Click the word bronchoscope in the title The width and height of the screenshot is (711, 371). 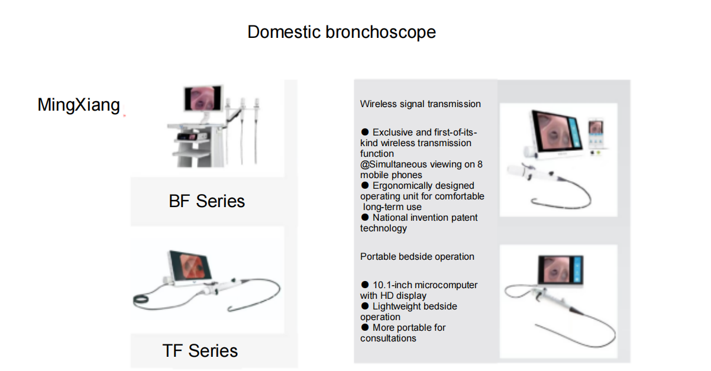[x=380, y=32]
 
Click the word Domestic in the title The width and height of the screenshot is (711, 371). [x=284, y=32]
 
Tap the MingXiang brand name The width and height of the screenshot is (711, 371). [x=79, y=105]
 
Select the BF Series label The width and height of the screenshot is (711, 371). [x=206, y=201]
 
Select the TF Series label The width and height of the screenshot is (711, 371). [x=200, y=351]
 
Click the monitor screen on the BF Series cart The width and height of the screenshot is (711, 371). [x=203, y=98]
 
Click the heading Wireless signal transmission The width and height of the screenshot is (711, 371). [x=420, y=104]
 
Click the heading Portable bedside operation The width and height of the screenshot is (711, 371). [x=417, y=256]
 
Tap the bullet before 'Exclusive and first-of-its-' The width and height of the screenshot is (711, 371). [x=365, y=131]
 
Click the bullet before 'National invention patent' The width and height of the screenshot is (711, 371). [x=365, y=217]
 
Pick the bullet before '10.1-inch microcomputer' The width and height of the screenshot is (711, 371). [x=365, y=284]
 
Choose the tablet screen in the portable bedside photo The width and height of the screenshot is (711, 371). [x=561, y=270]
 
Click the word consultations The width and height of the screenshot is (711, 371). [x=388, y=338]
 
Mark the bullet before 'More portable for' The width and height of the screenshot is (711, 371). [x=365, y=327]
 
